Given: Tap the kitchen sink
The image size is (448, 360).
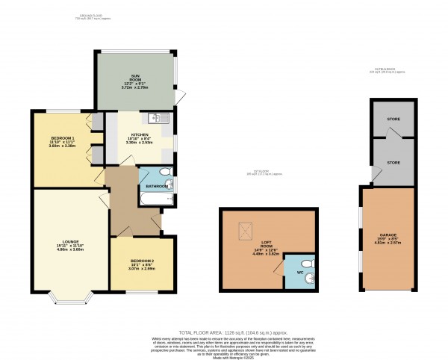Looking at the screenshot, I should (x=160, y=118).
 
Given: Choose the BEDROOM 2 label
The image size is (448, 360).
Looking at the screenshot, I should (x=142, y=259).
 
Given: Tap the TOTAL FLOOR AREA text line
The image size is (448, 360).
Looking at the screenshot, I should (x=224, y=331).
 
